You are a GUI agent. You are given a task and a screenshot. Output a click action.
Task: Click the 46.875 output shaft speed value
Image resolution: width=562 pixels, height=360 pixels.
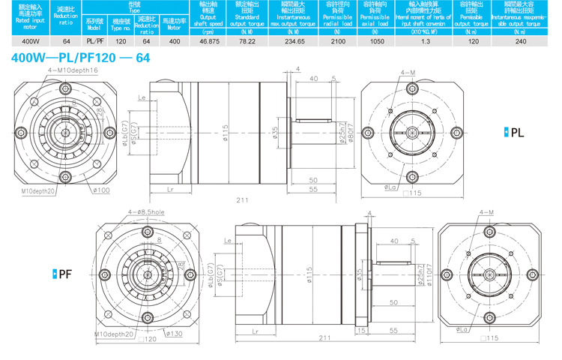coord(208,41)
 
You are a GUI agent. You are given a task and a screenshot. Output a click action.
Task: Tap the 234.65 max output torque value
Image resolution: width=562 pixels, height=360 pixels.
coord(291,41)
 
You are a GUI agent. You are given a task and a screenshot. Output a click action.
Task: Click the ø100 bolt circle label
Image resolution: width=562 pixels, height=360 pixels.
coord(100,190)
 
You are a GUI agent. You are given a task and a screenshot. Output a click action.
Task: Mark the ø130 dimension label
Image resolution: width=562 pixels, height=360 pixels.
coord(173,333)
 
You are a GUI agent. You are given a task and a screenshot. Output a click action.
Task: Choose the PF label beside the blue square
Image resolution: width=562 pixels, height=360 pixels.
coord(65,274)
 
